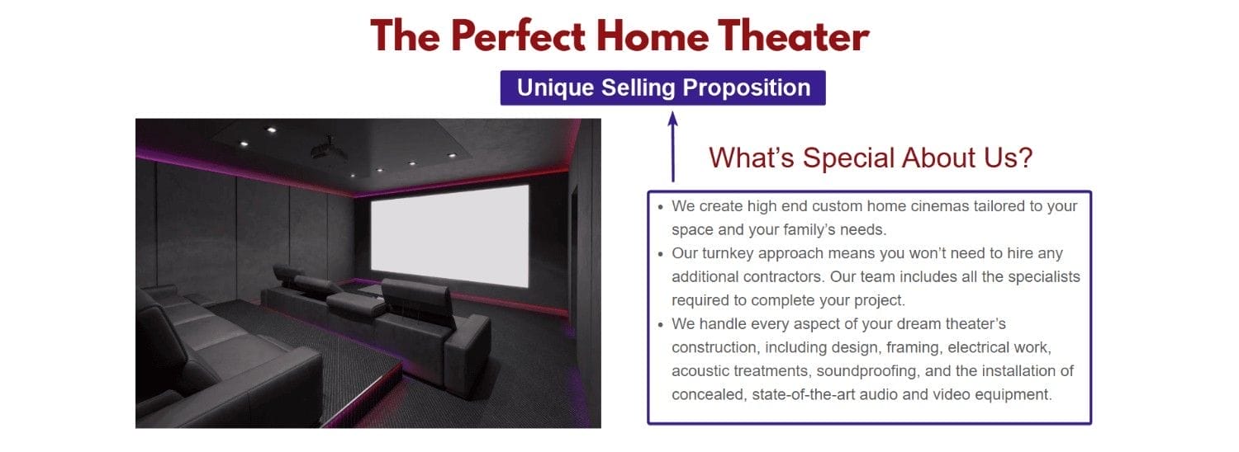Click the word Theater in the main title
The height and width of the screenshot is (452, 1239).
coord(793,36)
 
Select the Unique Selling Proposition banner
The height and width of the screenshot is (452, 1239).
coord(662,87)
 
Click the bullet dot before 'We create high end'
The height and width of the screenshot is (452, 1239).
coord(659,207)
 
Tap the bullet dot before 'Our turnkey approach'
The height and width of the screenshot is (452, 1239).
coord(659,254)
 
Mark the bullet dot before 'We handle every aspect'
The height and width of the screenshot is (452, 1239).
coord(659,324)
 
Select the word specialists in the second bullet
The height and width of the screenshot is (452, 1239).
coord(1042,277)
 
